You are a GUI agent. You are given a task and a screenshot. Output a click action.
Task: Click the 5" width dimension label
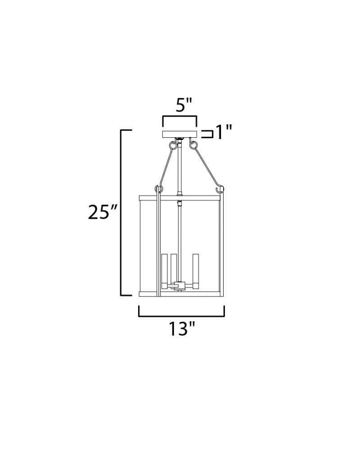point(184,105)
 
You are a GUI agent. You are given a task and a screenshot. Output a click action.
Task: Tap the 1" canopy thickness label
point(223,132)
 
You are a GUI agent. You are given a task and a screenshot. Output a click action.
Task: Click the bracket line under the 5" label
point(180,117)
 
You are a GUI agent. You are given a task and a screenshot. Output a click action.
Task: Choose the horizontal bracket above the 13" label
point(181,316)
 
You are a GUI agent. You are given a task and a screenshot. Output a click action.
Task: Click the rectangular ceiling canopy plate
point(180,134)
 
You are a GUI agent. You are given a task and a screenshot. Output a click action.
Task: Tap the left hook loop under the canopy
point(172,145)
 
